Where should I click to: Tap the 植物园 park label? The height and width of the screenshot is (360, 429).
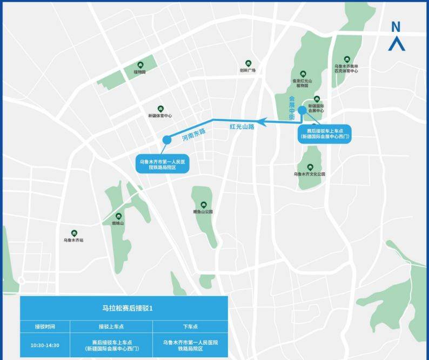pyautogui.click(x=140, y=71)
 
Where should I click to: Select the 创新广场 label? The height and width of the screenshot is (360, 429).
pyautogui.click(x=247, y=70)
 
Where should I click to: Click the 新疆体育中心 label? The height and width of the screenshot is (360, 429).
pyautogui.click(x=160, y=116)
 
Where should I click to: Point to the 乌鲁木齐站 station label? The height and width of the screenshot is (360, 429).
pyautogui.click(x=73, y=239)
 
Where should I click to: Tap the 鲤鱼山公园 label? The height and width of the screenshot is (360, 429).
pyautogui.click(x=203, y=211)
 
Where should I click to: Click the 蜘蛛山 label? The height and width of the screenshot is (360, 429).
pyautogui.click(x=118, y=223)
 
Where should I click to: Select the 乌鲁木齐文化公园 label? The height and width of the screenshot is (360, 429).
pyautogui.click(x=310, y=174)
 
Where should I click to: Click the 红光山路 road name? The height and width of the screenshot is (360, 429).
pyautogui.click(x=242, y=127)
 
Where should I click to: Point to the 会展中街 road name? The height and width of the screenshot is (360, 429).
pyautogui.click(x=292, y=108)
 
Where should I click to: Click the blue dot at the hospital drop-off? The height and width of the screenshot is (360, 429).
pyautogui.click(x=167, y=139)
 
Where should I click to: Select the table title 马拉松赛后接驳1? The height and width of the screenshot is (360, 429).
pyautogui.click(x=124, y=308)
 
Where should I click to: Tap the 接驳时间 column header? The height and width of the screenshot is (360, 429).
pyautogui.click(x=45, y=326)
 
